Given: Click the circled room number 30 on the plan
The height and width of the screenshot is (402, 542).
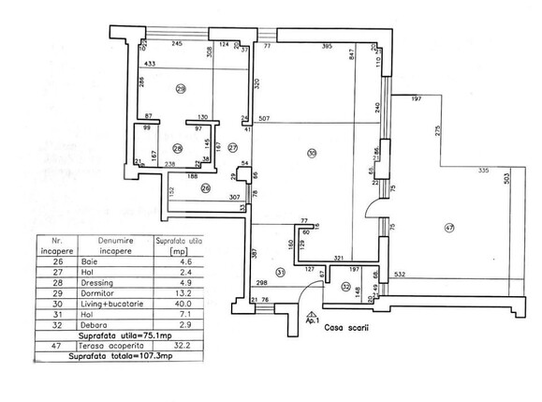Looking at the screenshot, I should tap(311, 154).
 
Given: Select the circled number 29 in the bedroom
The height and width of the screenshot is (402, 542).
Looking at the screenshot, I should tap(180, 90).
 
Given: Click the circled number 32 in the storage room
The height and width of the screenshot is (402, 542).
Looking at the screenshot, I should tap(345, 288).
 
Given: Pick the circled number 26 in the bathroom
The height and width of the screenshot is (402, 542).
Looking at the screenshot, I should tap(205, 186).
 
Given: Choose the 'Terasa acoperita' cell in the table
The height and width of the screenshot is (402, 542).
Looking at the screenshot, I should tap(105, 346).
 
